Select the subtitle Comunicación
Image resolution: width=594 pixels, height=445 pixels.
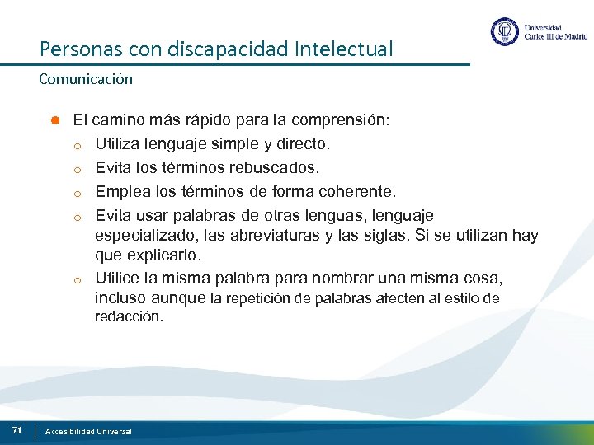(85, 80)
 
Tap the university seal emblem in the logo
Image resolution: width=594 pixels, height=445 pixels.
(504, 32)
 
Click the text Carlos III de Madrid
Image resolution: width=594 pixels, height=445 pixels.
(556, 37)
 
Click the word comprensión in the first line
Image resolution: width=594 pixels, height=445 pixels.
(341, 119)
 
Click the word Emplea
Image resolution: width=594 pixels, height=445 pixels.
(120, 192)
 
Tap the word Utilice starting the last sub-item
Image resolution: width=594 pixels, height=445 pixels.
(119, 278)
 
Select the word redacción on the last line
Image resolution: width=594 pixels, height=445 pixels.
(129, 317)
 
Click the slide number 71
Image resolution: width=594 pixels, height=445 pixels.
(16, 430)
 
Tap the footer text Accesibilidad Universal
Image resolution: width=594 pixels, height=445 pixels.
(88, 432)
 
